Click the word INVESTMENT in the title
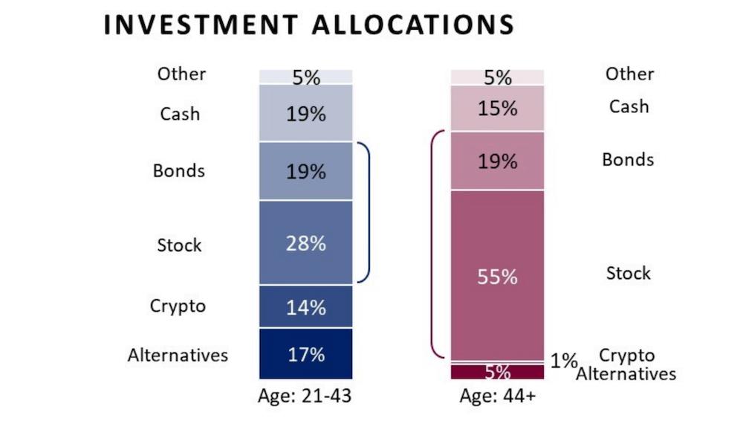pos(194,24)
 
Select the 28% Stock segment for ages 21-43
pos(306,242)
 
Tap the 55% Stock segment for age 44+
pos(497,276)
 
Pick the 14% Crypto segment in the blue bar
pos(306,306)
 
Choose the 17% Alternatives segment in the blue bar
pos(306,354)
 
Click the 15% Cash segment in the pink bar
pos(497,108)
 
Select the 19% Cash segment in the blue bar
pos(306,113)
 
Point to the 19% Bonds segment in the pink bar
pos(497,161)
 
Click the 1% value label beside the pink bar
pos(564,361)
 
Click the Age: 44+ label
pos(497,396)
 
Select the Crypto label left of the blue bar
pos(178,306)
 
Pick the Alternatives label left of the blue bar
pos(178,355)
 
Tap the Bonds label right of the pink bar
pos(628,160)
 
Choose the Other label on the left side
pos(181,74)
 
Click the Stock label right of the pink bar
pos(628,273)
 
